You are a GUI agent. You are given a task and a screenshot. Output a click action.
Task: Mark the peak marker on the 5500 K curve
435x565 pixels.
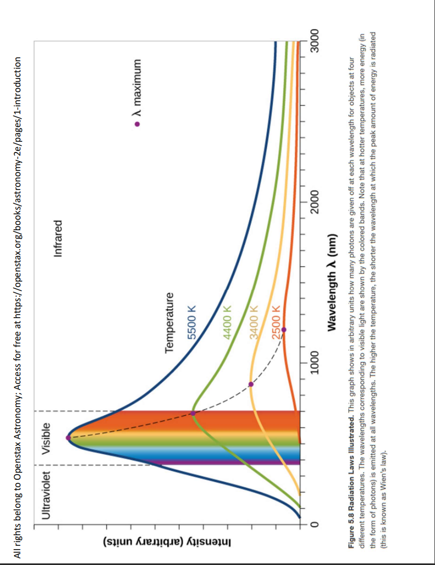pyautogui.click(x=68, y=437)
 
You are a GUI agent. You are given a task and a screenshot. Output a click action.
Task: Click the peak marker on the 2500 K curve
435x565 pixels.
pyautogui.click(x=284, y=330)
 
